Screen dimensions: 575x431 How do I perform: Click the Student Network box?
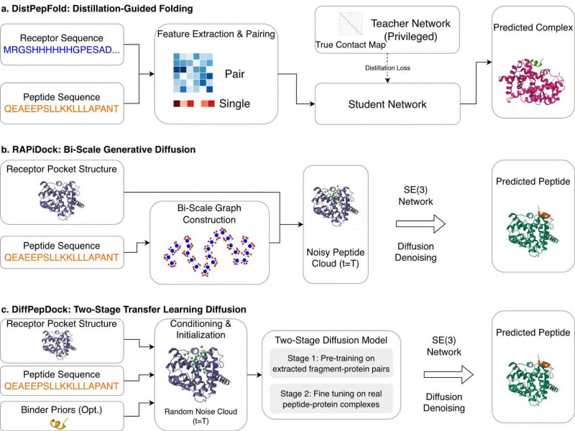click(387, 104)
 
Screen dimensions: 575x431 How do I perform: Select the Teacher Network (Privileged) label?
click(410, 29)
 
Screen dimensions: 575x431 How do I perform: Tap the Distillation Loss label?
click(387, 68)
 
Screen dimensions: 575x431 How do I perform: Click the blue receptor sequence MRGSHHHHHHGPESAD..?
click(62, 50)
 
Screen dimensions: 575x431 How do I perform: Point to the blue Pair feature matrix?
click(193, 73)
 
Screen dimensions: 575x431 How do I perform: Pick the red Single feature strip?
click(193, 103)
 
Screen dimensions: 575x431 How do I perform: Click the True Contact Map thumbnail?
click(351, 24)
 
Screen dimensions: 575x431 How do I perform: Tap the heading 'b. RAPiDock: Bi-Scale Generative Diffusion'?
click(98, 149)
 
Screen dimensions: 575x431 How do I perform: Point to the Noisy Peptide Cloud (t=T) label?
click(336, 258)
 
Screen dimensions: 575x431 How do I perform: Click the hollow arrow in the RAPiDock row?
click(420, 223)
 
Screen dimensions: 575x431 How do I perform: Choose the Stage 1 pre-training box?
click(331, 363)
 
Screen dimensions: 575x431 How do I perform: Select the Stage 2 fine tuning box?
click(331, 399)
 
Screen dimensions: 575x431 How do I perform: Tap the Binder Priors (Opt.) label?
click(62, 409)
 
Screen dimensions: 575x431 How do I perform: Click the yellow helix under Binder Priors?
click(59, 424)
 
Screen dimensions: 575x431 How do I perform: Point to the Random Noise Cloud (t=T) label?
click(201, 416)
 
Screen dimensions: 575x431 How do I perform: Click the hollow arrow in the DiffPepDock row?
click(448, 374)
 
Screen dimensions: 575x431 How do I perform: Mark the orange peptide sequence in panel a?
click(62, 109)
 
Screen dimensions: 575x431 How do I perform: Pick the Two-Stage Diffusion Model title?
click(331, 340)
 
